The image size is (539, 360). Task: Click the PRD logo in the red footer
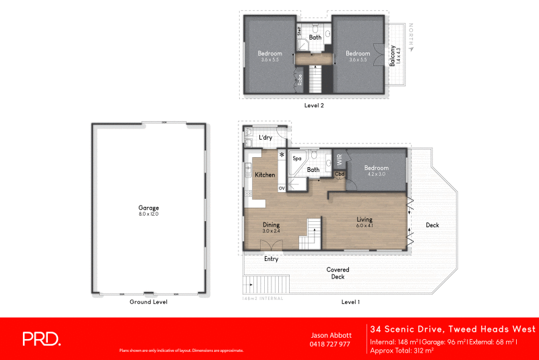pos(42,338)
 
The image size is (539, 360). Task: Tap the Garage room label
pos(148,208)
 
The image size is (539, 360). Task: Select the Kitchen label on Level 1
pos(265,175)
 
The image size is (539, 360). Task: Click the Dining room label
pos(271,225)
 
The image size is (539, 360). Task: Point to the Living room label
pos(364,219)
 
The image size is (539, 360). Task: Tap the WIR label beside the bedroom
pos(340,160)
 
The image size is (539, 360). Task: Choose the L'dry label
pos(266,138)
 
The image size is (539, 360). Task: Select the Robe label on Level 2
pos(299,80)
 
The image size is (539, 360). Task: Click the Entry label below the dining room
pos(271,259)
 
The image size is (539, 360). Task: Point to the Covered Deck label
pos(338,272)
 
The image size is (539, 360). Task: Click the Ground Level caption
pos(148,302)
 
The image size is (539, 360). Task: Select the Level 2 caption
pos(315,106)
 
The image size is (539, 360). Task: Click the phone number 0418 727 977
pos(330,344)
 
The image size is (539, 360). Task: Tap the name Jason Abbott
pos(330,335)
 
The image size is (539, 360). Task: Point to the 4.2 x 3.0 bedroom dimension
pos(377,174)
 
